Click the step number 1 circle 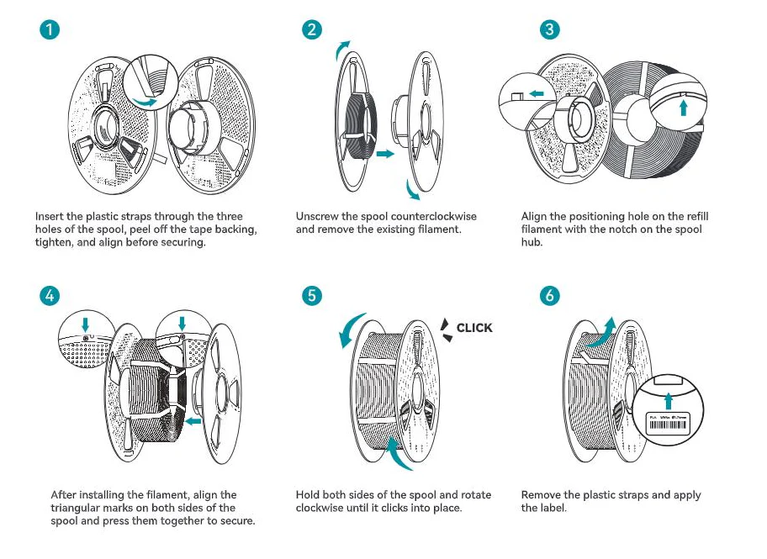pos(51,29)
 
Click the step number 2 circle pos(312,29)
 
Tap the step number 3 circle pos(549,29)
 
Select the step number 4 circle pos(51,295)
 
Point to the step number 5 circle pos(312,295)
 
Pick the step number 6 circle pos(549,295)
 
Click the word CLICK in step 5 pos(474,328)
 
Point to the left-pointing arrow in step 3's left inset pos(536,95)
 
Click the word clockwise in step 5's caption pos(320,509)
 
